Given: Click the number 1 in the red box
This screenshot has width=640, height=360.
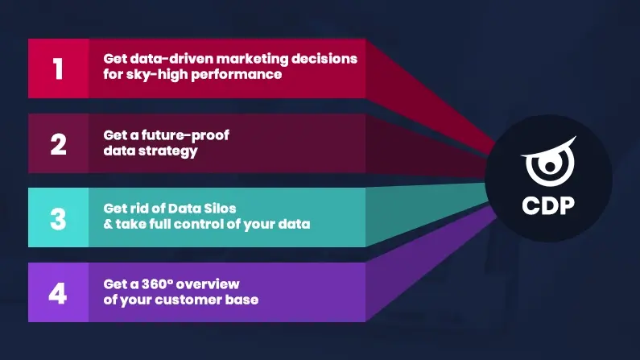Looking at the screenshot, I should point(57,68).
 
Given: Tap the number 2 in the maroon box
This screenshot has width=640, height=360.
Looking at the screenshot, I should point(58,143).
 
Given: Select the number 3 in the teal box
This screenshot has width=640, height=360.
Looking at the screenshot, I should point(58,217).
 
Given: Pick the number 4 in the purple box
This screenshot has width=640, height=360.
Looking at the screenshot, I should point(58,292).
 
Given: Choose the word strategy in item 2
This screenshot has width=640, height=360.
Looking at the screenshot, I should point(167,151).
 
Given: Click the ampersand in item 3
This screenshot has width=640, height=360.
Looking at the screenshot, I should point(108,225).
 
